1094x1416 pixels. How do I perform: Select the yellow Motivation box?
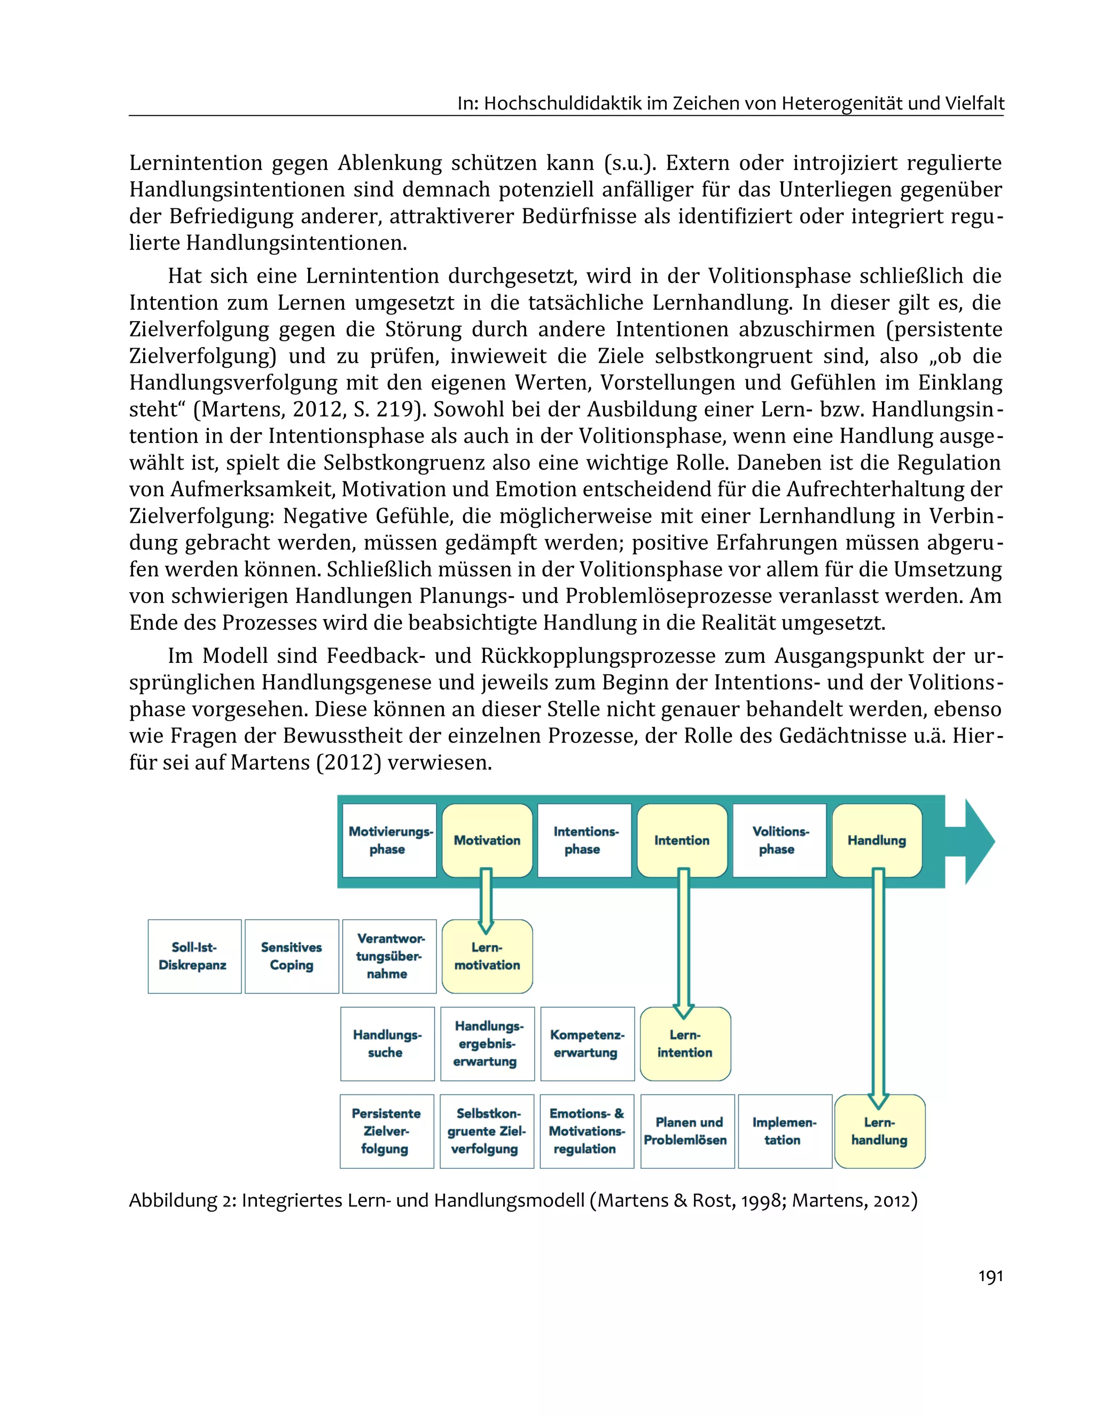(487, 840)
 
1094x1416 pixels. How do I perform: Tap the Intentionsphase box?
(584, 840)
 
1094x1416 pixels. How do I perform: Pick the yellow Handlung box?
(877, 840)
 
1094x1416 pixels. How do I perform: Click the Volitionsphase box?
(779, 840)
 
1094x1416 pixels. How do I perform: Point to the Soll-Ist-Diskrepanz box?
(194, 956)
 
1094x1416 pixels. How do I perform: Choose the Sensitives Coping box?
(292, 956)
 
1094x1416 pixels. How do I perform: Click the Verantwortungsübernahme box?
(389, 956)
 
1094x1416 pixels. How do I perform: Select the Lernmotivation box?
(487, 956)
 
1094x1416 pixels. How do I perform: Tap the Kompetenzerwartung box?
(587, 1044)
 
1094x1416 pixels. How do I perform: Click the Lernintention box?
(685, 1044)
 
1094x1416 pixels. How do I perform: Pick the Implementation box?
(785, 1131)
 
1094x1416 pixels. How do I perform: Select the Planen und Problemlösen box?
(687, 1131)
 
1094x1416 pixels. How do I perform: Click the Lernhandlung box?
(879, 1131)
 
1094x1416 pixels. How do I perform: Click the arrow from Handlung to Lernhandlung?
(878, 985)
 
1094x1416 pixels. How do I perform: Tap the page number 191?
(990, 1276)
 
